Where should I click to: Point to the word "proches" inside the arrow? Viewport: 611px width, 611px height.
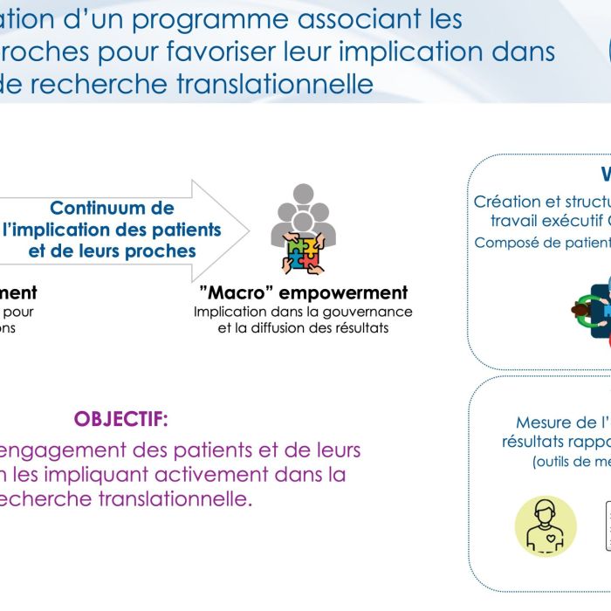[x=165, y=251]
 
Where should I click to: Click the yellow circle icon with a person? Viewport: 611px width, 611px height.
[x=546, y=525]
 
